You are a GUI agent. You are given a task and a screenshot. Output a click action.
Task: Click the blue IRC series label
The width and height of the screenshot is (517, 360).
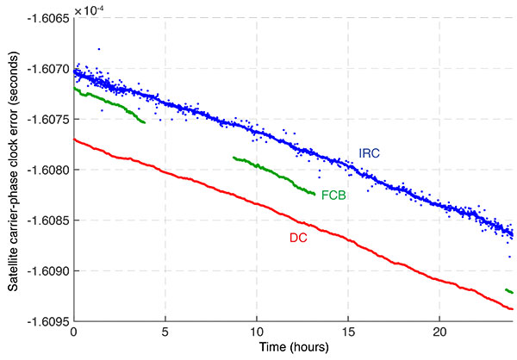click(370, 153)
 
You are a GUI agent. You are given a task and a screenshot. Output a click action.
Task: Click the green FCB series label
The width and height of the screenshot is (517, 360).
click(334, 196)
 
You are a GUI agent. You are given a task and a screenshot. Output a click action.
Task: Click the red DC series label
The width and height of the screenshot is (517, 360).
click(297, 234)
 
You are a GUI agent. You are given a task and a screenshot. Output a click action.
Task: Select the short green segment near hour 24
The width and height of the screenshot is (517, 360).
click(508, 291)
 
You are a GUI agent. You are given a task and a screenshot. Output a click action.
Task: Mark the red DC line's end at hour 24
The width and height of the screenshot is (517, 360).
click(512, 308)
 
